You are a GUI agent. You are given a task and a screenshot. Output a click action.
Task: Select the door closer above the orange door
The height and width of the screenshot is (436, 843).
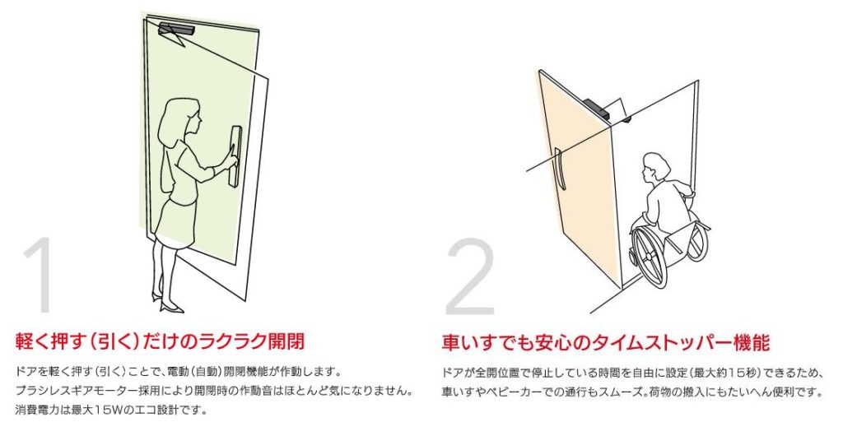(606, 110)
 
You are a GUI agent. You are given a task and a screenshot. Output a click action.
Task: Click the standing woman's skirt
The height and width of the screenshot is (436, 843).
(175, 222)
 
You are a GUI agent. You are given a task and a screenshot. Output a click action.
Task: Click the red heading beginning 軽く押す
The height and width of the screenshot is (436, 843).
(160, 341)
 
